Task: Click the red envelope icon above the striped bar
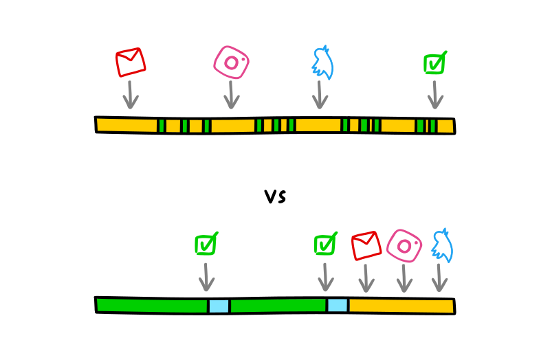click(131, 62)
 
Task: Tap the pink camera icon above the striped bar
click(232, 63)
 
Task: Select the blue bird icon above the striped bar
click(321, 63)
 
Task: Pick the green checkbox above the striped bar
click(434, 63)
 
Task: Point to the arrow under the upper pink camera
click(232, 94)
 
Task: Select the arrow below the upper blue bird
click(320, 94)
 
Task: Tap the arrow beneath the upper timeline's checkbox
click(434, 94)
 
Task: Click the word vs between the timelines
click(275, 196)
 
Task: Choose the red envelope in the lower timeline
click(366, 245)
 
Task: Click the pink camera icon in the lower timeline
click(404, 245)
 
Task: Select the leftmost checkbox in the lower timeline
click(206, 244)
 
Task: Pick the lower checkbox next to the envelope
click(325, 244)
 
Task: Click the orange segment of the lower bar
click(401, 305)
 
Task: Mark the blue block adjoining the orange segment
click(338, 305)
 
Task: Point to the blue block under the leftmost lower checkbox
click(219, 306)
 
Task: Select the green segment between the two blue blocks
click(278, 306)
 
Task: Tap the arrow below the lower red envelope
click(366, 277)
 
